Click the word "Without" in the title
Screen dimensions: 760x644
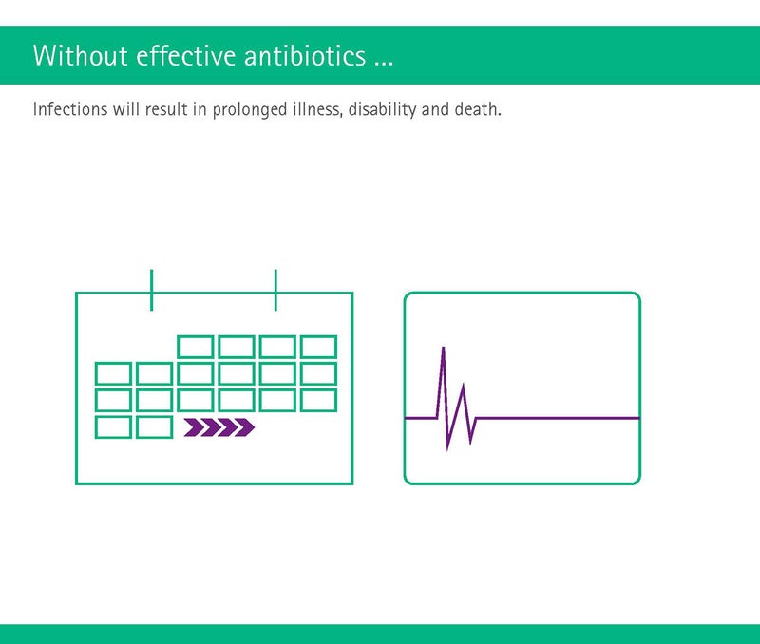pos(81,55)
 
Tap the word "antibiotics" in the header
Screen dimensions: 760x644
pos(305,55)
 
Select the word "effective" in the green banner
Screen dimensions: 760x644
pos(186,55)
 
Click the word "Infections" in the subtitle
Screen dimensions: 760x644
pos(70,109)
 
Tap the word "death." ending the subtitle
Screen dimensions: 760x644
pos(478,109)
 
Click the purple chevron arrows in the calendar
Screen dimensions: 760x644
pos(219,427)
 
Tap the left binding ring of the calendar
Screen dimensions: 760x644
pos(152,290)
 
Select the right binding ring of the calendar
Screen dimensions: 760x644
pos(275,290)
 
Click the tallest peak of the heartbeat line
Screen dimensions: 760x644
pos(443,348)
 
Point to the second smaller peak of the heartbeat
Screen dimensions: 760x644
pos(464,386)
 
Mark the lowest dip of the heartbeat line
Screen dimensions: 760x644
pos(446,449)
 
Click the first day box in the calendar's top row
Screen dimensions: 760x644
pos(196,347)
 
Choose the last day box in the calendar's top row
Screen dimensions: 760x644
pos(318,347)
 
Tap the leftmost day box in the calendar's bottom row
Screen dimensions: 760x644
pos(113,427)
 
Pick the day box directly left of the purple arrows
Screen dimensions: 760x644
pos(154,427)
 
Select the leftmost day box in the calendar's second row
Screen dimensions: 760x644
pos(113,373)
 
